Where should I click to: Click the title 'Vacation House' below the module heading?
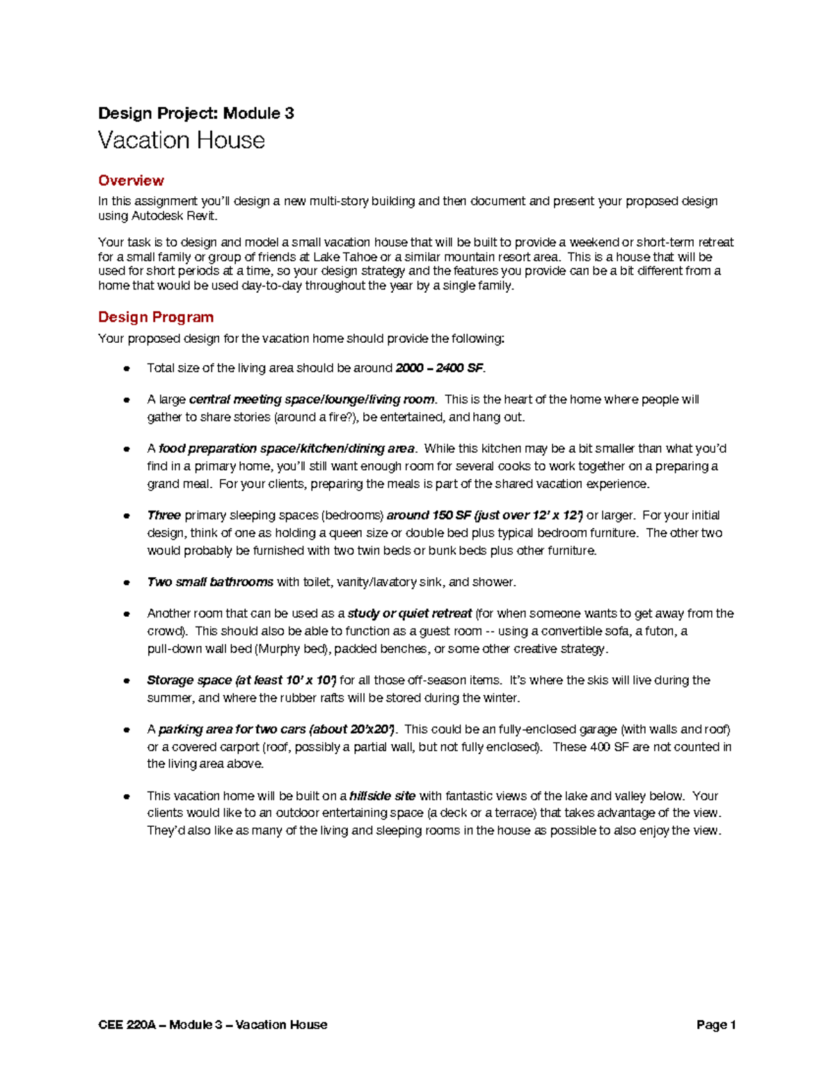coord(181,140)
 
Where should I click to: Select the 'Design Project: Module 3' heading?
coord(196,113)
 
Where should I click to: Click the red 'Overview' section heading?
coord(131,181)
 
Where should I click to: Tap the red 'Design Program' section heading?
coord(156,317)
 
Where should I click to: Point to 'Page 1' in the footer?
coord(716,1024)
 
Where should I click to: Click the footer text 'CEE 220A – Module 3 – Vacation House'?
coord(212,1024)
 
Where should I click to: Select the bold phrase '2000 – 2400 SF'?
coord(440,368)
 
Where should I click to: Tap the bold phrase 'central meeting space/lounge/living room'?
coord(312,399)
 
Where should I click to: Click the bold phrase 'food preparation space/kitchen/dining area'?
coord(287,449)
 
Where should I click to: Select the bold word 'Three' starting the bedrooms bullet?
coord(164,515)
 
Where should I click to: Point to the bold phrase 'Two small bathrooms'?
coord(210,582)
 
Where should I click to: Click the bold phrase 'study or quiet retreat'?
coord(409,613)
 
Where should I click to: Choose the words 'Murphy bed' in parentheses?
coord(291,649)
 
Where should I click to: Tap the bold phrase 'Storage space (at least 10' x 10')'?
coord(241,680)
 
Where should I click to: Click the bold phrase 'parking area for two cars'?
coord(232,730)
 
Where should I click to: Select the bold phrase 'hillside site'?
coord(382,796)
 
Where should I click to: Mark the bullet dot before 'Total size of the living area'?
coord(127,369)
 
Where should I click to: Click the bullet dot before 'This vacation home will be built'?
coord(127,796)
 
